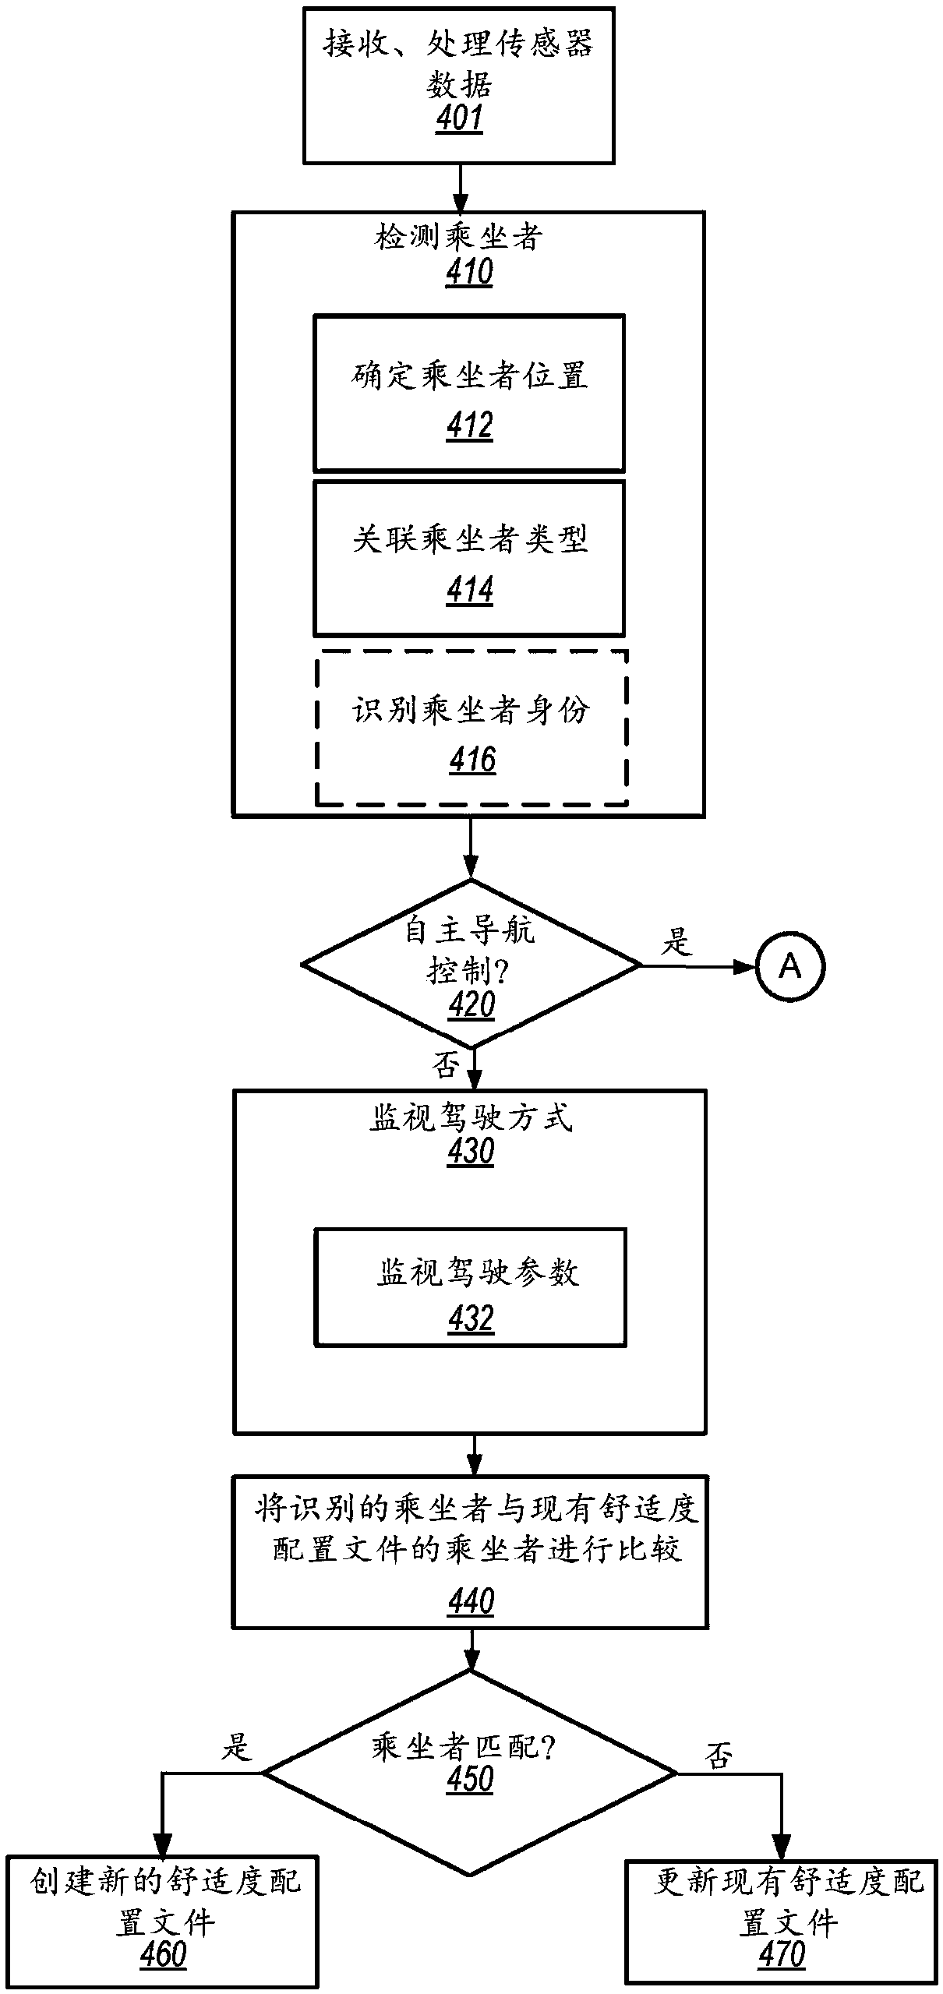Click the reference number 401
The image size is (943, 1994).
click(x=459, y=118)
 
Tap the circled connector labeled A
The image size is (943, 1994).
click(x=789, y=967)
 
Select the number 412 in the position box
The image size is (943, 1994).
click(x=470, y=426)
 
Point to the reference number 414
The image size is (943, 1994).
click(x=470, y=590)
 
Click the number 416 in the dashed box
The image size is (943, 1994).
click(x=472, y=760)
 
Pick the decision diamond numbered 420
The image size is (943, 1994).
click(x=471, y=965)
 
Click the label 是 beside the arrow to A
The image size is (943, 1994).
click(x=676, y=941)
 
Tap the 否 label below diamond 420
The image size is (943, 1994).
click(x=445, y=1065)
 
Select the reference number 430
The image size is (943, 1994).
click(x=471, y=1152)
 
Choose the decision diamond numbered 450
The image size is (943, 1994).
click(x=470, y=1773)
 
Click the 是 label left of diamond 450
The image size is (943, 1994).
click(x=236, y=1747)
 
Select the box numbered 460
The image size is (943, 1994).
click(x=163, y=1922)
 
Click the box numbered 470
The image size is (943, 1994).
click(x=781, y=1922)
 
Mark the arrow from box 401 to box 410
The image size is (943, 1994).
click(x=460, y=188)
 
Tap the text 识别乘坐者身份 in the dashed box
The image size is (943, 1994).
click(x=471, y=710)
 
